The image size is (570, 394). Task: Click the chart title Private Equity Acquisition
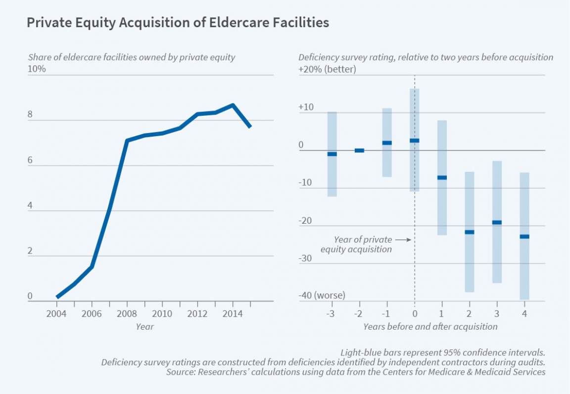[x=178, y=23]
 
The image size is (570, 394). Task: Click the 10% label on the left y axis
[x=36, y=69]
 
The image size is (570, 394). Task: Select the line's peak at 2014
[x=233, y=105]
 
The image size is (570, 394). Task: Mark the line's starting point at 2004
[x=57, y=297]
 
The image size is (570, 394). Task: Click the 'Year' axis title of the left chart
[x=144, y=326]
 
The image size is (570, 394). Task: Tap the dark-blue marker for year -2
[x=360, y=150]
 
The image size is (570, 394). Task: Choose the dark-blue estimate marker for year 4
[x=524, y=237]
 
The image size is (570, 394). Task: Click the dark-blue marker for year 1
[x=442, y=178]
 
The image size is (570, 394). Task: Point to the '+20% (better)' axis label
[x=327, y=69]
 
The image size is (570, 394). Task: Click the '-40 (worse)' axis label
[x=322, y=295]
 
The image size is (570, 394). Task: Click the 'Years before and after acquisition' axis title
[x=430, y=326]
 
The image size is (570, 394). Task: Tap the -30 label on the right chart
[x=305, y=258]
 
